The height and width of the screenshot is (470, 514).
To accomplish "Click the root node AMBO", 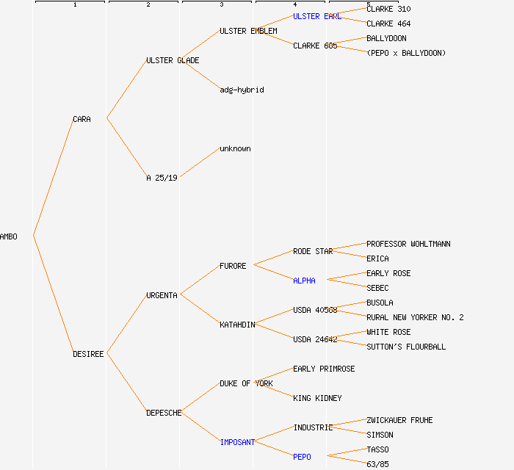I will [x=9, y=236].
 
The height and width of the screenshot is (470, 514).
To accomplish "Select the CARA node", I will [x=82, y=119].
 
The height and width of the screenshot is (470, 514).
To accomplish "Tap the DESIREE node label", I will [x=88, y=354].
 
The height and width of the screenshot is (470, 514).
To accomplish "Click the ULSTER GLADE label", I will [x=173, y=60].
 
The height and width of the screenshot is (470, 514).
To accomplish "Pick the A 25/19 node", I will [x=162, y=178].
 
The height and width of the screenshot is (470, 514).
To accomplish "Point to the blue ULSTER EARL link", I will [x=316, y=16].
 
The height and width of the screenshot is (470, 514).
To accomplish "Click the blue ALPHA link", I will [x=304, y=281].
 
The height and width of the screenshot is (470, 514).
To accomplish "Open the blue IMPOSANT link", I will [x=237, y=442].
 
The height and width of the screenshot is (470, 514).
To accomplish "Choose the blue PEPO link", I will [x=302, y=457].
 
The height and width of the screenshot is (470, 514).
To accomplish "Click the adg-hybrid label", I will [x=242, y=90].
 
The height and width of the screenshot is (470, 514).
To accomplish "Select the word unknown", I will [x=235, y=148].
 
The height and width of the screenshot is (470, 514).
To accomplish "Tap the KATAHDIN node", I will [x=237, y=325].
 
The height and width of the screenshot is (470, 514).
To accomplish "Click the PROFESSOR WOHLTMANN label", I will [x=408, y=244].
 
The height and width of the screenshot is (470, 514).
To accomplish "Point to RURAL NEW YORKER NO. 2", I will [x=415, y=317].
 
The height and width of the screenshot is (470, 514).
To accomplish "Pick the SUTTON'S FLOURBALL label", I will [x=406, y=347].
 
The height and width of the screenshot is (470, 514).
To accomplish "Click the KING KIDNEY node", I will [x=317, y=398].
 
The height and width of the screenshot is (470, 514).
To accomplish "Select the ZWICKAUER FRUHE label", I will [x=399, y=420].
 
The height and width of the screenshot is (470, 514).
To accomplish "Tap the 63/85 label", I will [x=377, y=464].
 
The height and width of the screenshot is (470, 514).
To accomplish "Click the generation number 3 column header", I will [x=221, y=5].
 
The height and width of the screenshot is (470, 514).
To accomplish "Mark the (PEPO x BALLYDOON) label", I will [x=406, y=53].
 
